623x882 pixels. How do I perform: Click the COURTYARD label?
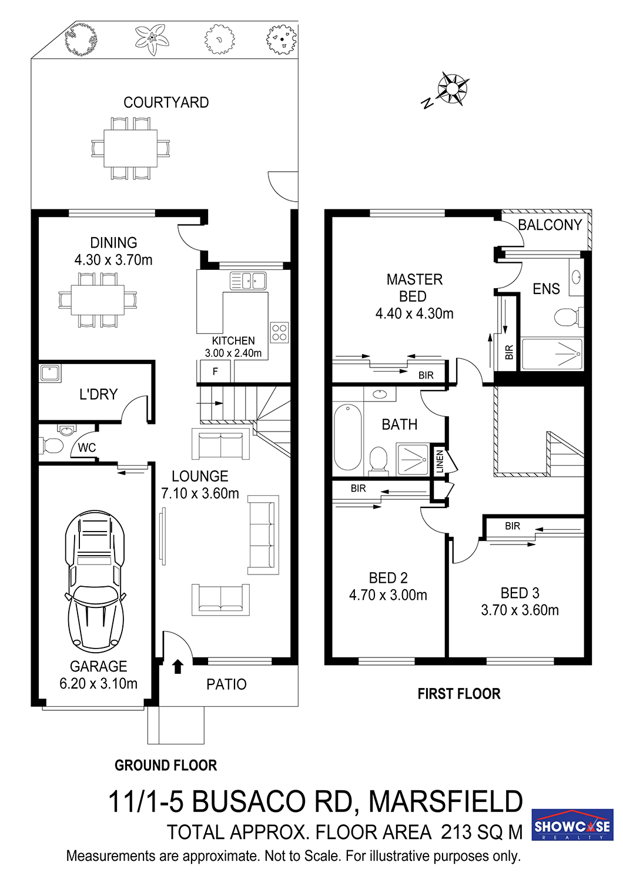coord(166,102)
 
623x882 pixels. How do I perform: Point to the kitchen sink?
coord(248,280)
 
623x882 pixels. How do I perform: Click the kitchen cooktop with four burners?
coord(279,332)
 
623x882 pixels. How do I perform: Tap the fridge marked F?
coord(215,371)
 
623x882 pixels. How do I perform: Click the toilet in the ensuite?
coord(568,316)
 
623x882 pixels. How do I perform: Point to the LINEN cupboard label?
coord(440,461)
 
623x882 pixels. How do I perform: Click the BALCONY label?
coord(550,225)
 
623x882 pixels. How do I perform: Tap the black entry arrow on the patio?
coord(178,666)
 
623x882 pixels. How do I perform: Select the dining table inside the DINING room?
coord(98,300)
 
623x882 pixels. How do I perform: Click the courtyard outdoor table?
coord(130,148)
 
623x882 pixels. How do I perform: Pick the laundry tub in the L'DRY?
coord(50,373)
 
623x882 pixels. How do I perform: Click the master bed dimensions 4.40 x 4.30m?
coord(414,313)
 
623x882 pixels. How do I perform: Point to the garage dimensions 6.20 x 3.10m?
coord(98,683)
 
